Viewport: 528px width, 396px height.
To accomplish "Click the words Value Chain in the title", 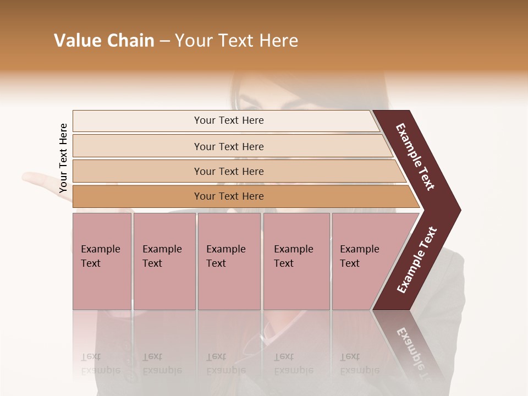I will click(104, 41).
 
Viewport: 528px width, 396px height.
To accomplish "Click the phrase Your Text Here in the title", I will click(237, 41).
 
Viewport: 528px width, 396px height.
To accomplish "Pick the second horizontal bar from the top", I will click(228, 146).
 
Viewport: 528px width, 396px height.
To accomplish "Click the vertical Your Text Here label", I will click(63, 158).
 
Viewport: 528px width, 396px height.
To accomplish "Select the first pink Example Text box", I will click(102, 261).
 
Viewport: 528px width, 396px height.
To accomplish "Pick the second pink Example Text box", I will click(164, 261).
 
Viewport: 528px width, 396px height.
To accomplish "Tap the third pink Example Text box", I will click(229, 261).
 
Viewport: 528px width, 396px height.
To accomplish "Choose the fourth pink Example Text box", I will click(296, 261).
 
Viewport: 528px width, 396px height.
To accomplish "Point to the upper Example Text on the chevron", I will click(415, 157).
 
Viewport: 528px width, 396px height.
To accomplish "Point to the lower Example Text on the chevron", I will click(416, 260).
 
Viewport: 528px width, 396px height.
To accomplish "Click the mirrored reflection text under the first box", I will click(100, 364).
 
